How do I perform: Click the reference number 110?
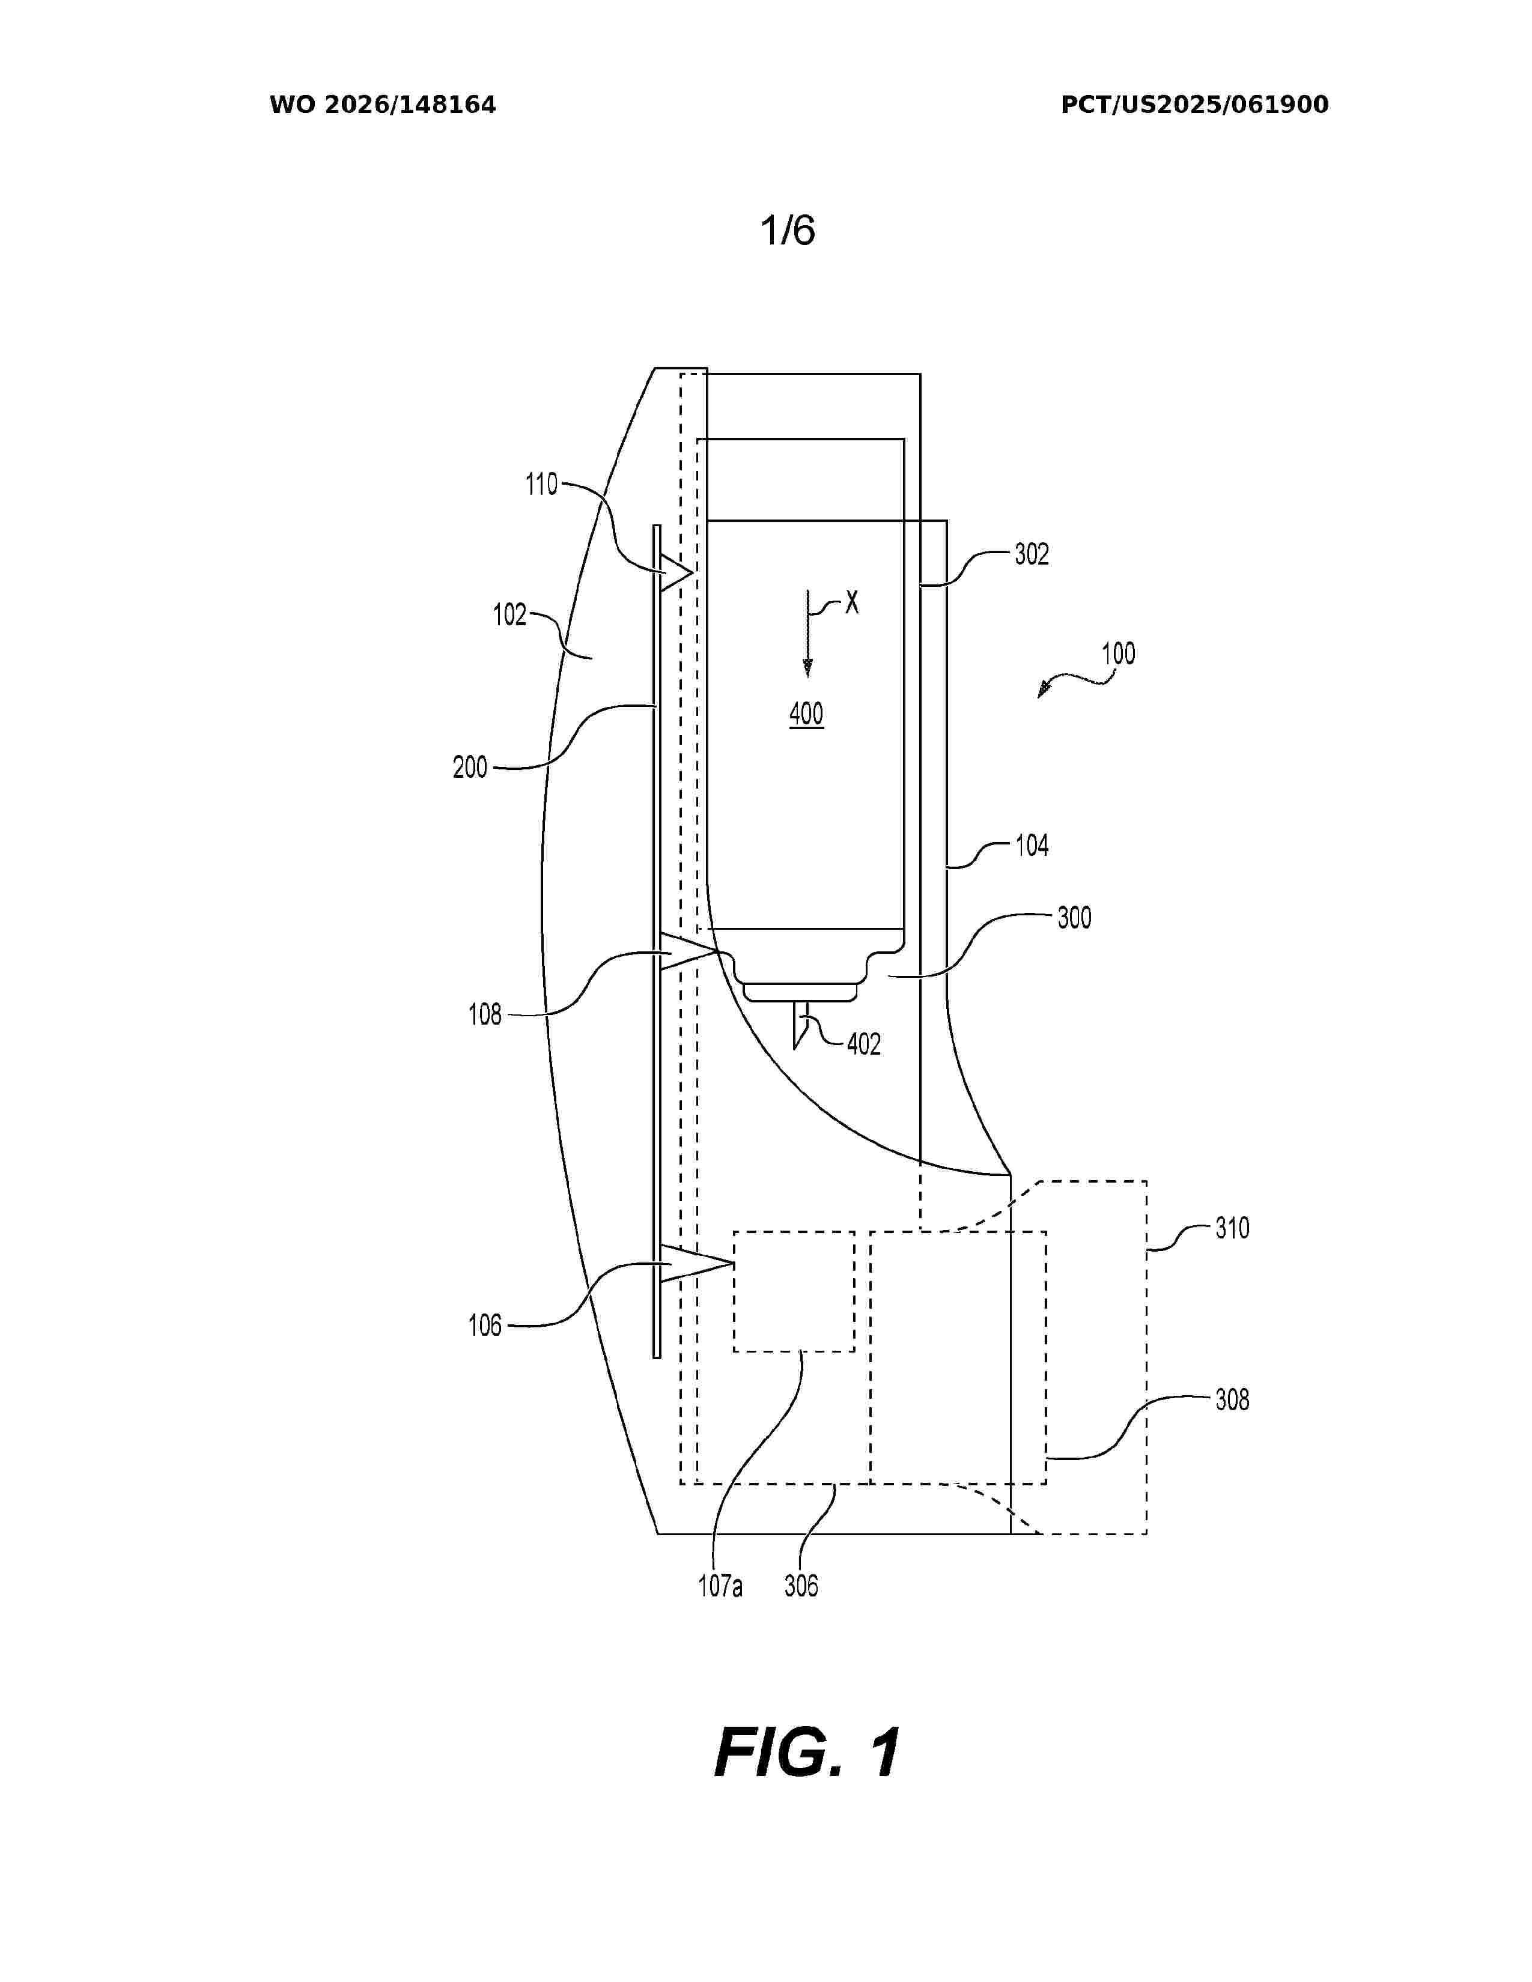[542, 485]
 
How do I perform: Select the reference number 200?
[470, 768]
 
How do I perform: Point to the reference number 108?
[485, 1014]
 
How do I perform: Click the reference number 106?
[485, 1326]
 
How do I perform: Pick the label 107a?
[720, 1586]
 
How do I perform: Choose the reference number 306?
[800, 1586]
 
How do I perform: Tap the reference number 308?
[1232, 1400]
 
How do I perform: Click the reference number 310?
[1232, 1229]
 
